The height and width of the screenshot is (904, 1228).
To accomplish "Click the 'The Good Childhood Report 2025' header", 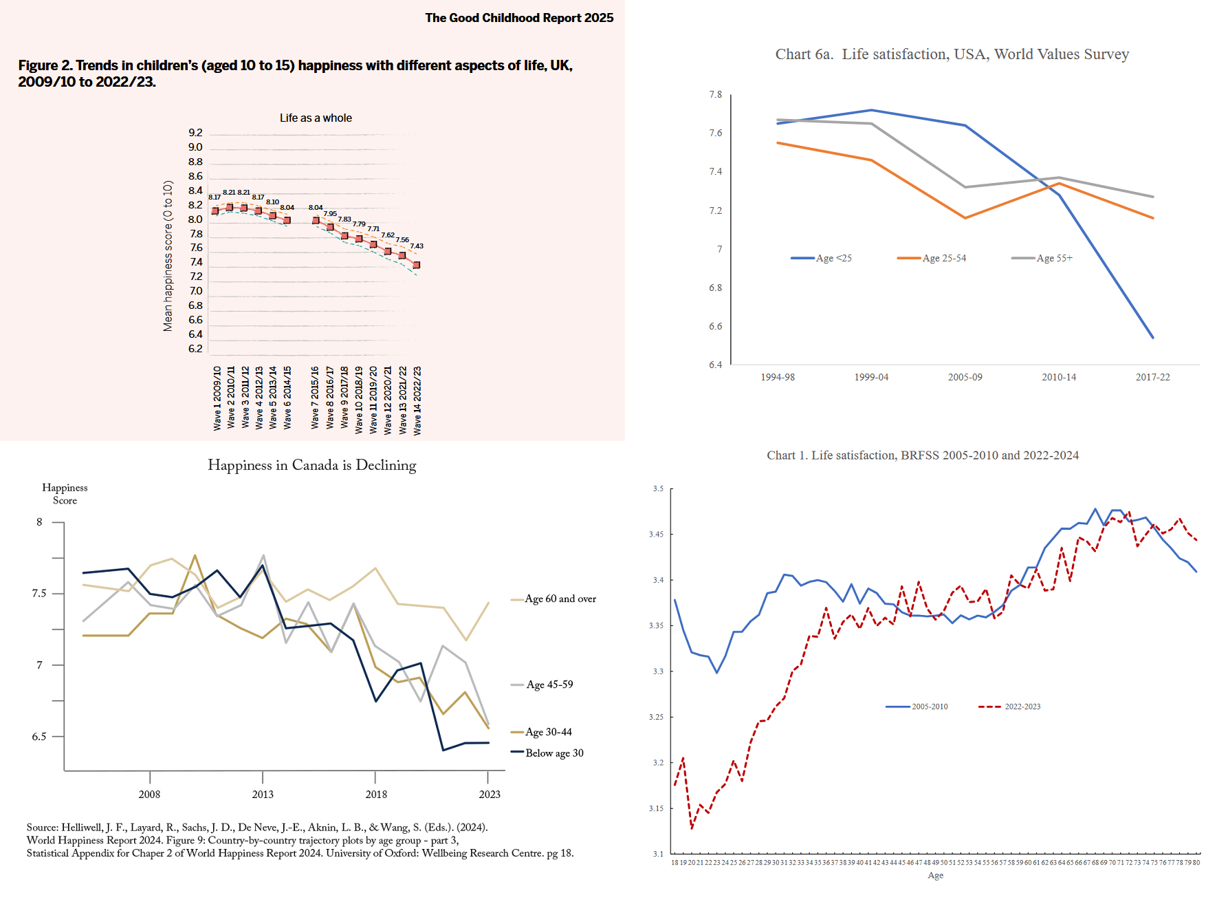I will point(519,18).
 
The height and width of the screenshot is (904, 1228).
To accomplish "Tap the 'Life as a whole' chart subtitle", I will point(316,118).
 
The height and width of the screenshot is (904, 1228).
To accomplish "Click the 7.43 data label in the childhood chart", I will point(417,246).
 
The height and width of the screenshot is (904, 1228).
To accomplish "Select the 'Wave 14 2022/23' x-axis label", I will point(417,400).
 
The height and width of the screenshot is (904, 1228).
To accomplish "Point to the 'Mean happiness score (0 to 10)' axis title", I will point(168,256).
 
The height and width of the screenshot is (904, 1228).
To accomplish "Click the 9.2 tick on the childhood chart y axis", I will point(196,133).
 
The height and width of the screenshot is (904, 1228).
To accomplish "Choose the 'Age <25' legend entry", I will point(833,258).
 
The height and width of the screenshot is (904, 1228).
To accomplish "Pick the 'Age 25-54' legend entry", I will point(943,258).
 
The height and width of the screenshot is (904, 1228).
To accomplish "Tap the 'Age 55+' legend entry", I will point(1054,258).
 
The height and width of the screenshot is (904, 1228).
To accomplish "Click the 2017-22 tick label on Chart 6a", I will point(1152,377).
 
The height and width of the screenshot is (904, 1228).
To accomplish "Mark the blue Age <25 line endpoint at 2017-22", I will point(1152,337).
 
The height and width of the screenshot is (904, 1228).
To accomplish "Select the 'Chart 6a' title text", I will point(952,54).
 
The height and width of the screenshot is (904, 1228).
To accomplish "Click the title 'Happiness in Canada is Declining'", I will point(312,465).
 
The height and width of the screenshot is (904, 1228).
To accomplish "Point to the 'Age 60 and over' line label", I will point(560,599).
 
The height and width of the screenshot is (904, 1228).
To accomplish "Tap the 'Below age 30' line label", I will point(554,753).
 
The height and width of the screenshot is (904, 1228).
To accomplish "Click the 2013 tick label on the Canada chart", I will point(263,794).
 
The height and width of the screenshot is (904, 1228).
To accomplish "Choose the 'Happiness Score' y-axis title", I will point(65,494).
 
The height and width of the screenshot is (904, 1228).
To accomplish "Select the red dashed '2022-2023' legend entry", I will point(1022,707).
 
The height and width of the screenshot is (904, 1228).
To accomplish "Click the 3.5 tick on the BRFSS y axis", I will point(658,488).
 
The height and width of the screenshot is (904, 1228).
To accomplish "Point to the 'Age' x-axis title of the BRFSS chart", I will point(936,875).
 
